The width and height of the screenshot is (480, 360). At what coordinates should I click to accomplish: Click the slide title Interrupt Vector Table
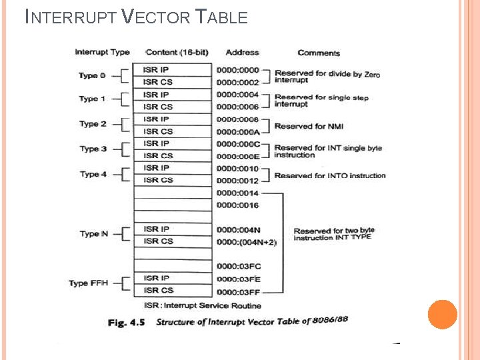point(136,17)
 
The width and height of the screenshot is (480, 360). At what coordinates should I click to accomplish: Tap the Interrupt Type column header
point(101,52)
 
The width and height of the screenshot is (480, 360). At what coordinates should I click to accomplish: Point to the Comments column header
point(319,53)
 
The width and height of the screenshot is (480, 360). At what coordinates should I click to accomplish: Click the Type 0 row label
point(92,75)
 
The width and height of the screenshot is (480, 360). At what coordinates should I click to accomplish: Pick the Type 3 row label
point(93,149)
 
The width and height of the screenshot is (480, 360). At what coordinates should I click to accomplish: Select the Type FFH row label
point(88,283)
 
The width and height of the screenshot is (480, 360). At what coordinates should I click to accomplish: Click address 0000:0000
point(237,70)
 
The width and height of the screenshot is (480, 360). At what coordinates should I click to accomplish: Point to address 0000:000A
point(237,132)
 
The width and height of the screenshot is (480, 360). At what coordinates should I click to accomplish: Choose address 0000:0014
point(237,193)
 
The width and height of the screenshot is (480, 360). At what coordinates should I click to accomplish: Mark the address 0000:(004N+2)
point(247,241)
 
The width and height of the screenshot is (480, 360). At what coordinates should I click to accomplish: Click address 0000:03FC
point(238,267)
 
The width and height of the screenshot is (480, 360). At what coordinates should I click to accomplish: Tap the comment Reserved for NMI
point(309,126)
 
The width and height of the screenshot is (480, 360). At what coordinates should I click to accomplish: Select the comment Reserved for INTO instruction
point(330,175)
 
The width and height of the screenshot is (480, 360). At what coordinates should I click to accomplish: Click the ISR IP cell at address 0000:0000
point(158,69)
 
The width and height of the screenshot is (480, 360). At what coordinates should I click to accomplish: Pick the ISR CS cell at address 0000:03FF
point(158,290)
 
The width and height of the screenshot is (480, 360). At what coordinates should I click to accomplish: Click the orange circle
point(442,315)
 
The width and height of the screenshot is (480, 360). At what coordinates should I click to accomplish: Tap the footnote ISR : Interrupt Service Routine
point(194,305)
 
